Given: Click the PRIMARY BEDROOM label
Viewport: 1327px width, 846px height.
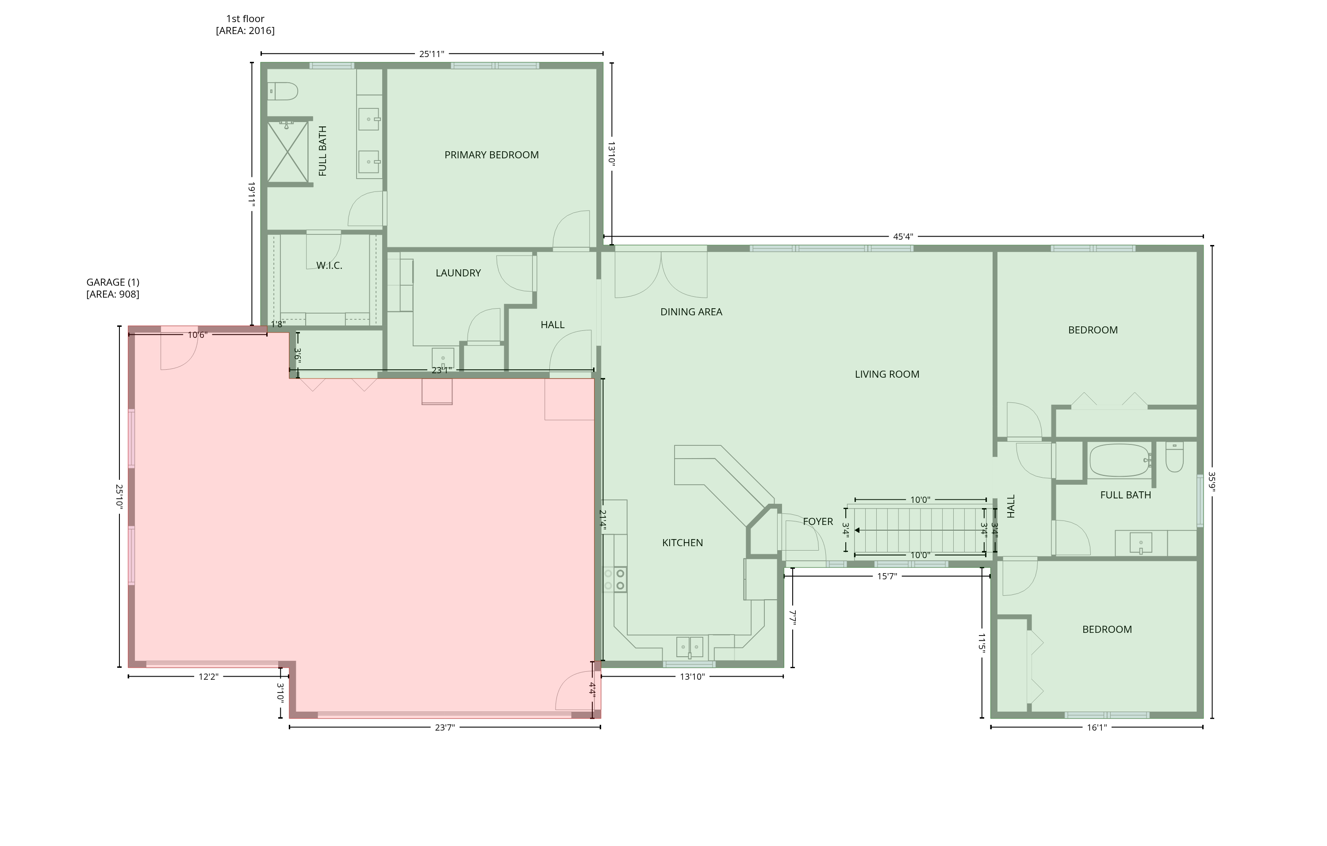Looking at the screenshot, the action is [x=491, y=155].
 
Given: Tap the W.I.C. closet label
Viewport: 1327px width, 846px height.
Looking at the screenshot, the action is [x=329, y=265].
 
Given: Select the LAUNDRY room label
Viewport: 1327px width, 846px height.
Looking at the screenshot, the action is [x=458, y=273].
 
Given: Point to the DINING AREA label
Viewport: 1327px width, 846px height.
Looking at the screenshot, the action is [x=691, y=312].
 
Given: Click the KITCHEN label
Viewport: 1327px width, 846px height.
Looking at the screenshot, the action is [x=682, y=543].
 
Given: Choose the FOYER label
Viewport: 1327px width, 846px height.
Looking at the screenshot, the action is [x=818, y=521].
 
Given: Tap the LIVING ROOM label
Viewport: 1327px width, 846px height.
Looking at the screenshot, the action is [x=887, y=375].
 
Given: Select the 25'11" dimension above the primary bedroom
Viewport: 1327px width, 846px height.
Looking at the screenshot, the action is [x=431, y=54].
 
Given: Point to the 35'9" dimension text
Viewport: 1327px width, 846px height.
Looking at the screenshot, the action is [x=1212, y=482].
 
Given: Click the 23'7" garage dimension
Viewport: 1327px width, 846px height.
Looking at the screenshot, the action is [x=445, y=727].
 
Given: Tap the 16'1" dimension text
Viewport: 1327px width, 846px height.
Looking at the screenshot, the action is [x=1097, y=727].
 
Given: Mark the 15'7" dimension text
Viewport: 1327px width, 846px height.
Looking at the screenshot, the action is [x=887, y=577].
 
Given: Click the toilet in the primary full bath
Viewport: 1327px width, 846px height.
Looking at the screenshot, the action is [x=283, y=91].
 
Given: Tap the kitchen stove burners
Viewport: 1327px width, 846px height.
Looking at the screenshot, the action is [x=614, y=579].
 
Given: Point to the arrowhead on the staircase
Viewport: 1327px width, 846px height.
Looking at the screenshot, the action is [x=857, y=530].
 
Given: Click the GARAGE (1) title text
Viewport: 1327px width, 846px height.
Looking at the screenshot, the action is [x=113, y=283].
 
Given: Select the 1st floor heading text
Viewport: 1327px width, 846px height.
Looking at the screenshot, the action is [x=245, y=19].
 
